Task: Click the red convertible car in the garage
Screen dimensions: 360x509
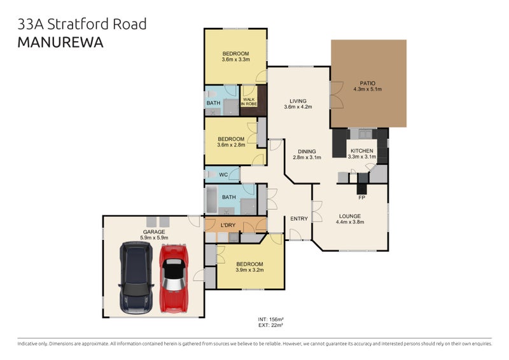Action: click(x=174, y=279)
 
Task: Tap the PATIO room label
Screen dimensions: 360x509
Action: click(x=368, y=83)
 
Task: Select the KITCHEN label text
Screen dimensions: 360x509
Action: click(x=361, y=151)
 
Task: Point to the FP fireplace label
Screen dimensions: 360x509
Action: click(x=361, y=198)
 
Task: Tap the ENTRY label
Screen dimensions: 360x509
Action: click(x=299, y=219)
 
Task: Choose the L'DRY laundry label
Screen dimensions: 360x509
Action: click(x=228, y=226)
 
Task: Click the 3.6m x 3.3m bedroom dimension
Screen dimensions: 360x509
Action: click(x=235, y=60)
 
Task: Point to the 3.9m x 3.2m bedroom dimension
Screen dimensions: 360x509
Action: click(x=249, y=270)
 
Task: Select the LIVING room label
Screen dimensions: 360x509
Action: click(x=298, y=100)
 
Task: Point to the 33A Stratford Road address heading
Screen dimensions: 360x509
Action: click(x=82, y=24)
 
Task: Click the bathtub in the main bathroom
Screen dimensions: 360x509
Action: click(x=212, y=200)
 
